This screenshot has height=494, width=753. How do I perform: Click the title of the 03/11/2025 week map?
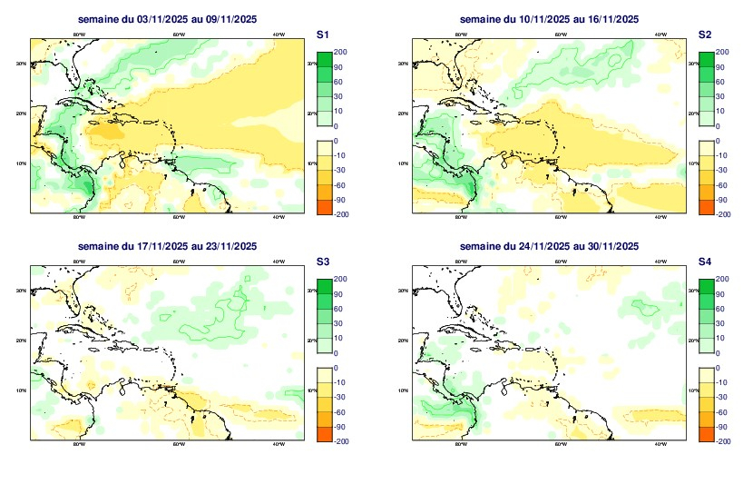point(168,19)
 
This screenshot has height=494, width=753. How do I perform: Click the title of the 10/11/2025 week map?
point(550,19)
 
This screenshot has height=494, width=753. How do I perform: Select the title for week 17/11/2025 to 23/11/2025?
point(168,246)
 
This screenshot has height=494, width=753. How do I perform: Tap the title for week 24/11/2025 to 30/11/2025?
point(550,246)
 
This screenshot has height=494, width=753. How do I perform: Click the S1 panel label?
point(322,34)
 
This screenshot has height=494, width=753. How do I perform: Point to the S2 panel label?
point(705,34)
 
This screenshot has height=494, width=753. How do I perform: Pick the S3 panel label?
point(322,261)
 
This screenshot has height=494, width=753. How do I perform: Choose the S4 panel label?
point(705,261)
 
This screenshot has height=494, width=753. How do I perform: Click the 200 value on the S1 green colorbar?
point(342,52)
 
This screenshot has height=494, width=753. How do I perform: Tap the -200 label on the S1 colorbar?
point(342,214)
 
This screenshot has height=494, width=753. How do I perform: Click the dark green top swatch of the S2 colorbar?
point(707,59)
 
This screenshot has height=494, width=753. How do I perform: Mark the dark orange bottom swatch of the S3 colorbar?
point(324,434)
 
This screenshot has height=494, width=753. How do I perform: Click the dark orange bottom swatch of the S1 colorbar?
point(324,207)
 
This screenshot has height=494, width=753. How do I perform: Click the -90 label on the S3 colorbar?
point(342,426)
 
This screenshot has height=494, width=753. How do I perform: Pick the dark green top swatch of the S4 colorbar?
point(707,286)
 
